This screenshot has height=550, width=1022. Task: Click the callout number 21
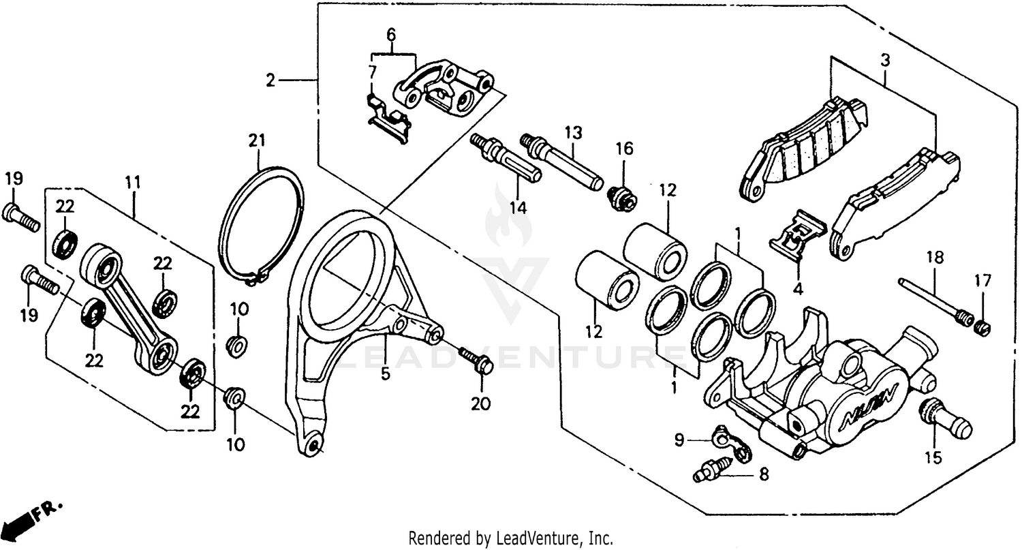pos(256,140)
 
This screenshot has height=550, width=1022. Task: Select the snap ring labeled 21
pos(262,225)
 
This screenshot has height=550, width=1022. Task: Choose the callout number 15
pos(933,457)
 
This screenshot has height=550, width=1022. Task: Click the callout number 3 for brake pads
pos(885,61)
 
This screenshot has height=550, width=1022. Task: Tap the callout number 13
pos(573,133)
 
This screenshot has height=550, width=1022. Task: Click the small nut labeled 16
pos(621,198)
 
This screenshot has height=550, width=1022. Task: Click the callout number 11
pos(132,183)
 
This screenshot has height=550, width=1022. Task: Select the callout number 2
pos(270,81)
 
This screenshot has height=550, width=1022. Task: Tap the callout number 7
pos(372,72)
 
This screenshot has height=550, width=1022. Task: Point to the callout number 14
pos(518,207)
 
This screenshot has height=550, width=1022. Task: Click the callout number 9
pos(679,441)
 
